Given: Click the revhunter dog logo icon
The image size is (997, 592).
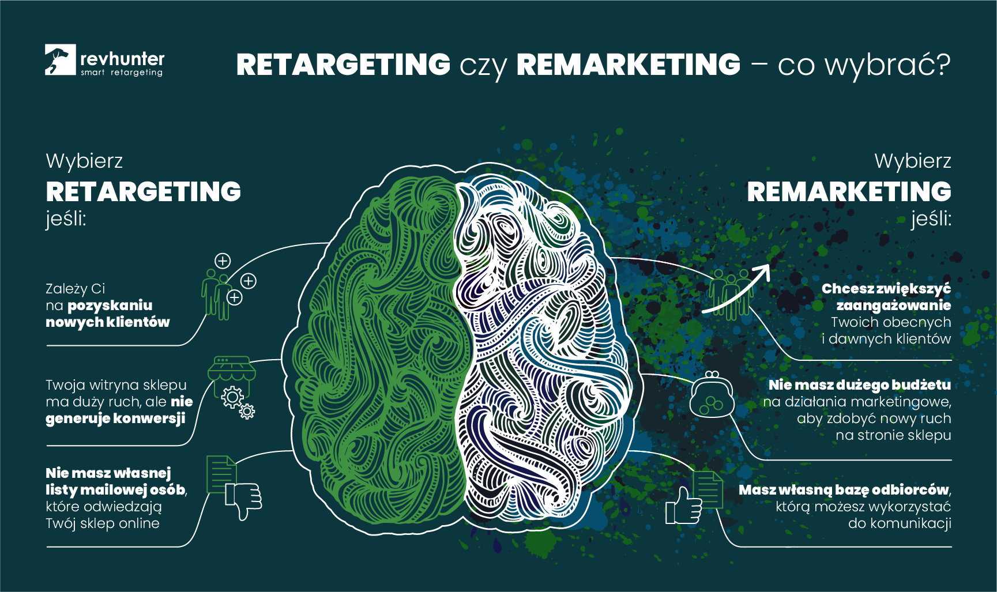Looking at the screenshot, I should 60,59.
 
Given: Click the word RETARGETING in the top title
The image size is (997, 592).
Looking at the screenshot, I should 343,65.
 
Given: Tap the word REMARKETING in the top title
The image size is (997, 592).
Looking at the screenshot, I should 628,65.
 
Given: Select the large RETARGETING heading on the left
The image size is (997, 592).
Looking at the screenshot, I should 144,192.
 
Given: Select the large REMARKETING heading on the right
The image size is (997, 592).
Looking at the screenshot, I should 849,192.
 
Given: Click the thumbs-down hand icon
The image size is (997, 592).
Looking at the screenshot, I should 244,500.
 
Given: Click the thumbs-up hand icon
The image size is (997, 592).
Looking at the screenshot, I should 683,507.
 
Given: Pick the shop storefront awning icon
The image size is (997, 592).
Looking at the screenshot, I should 232,369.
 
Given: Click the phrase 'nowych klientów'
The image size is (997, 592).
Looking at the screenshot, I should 108,322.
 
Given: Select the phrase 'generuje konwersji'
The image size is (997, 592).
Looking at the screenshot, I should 115,418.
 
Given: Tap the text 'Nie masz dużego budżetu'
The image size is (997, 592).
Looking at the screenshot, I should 859,385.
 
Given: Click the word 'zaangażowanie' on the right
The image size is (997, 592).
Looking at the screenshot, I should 893,306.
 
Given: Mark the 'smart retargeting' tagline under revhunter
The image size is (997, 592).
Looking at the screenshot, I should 122,73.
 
